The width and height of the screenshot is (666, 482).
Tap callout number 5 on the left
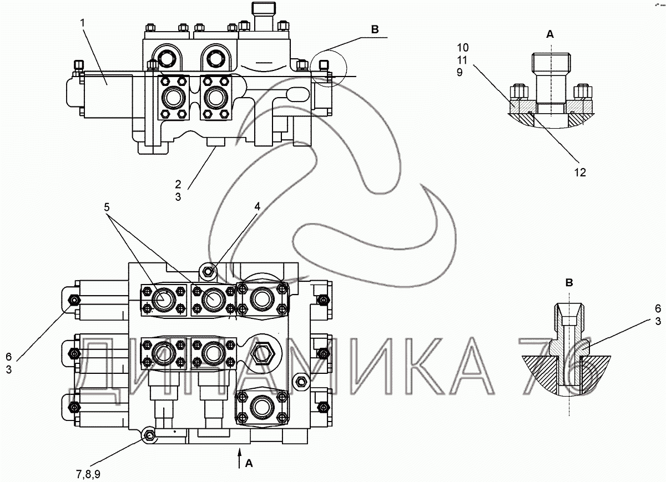[x=107, y=207]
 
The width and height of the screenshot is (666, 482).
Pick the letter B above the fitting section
[x=568, y=283]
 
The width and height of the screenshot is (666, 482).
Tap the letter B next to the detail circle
[x=375, y=30]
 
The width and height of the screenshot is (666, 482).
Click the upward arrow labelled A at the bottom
[x=240, y=460]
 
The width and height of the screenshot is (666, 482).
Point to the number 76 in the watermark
[x=558, y=369]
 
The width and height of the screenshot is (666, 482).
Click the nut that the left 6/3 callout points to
[x=73, y=301]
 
